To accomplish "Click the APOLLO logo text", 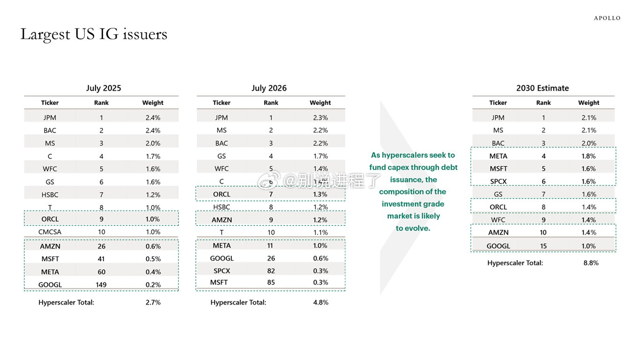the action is point(607,18).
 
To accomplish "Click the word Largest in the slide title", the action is point(45,35).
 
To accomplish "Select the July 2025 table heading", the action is point(104,88).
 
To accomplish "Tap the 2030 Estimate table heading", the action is point(542,88).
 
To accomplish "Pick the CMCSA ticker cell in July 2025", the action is point(50,232).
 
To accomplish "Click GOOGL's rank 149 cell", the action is point(101,285).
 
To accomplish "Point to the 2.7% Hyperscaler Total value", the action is point(153,302).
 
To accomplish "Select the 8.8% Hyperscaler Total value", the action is point(591,263).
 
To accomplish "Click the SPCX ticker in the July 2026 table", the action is point(222,271).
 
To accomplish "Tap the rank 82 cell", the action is point(271,271).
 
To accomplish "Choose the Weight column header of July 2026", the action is point(320,103).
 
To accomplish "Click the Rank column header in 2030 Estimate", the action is point(543,103).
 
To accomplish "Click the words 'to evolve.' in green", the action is point(413,228).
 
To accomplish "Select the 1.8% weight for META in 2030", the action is point(588,156).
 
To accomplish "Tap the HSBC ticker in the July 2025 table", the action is point(50,195).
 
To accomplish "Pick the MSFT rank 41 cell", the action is point(101,259).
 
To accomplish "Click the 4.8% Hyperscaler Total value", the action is point(321,302).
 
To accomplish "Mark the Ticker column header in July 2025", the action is point(50,103).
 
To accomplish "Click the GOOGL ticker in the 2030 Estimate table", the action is point(499,246).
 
